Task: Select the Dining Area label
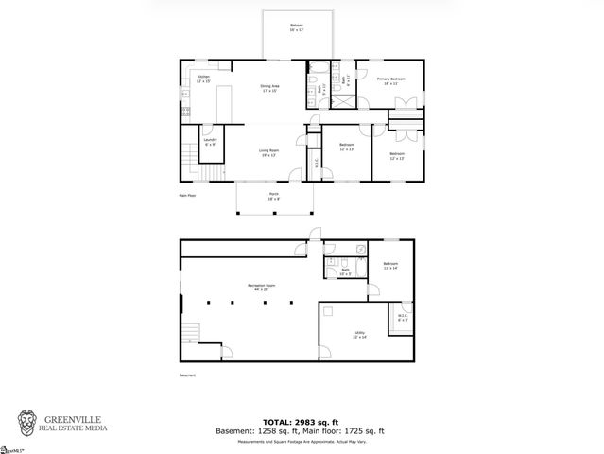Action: pos(269,89)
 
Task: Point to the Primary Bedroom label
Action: pos(391,81)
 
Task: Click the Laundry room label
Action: pos(210,142)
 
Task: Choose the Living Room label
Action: pos(269,152)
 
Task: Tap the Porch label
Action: pos(274,198)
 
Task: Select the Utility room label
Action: pos(360,335)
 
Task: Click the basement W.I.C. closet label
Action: pos(403,318)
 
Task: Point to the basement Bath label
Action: pos(344,271)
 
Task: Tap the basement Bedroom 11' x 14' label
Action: pos(391,266)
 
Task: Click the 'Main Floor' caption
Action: pos(187,196)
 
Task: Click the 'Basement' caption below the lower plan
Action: pos(187,375)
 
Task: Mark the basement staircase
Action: pos(192,333)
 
